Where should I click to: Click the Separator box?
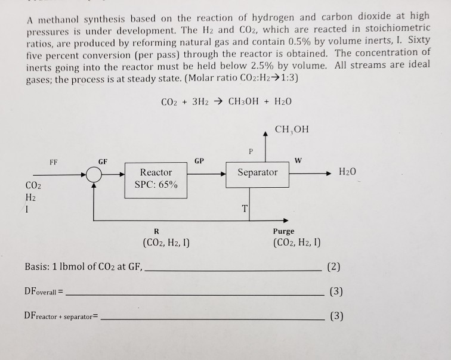(x=257, y=173)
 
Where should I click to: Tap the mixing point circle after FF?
(x=93, y=175)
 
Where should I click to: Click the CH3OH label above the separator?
(x=293, y=129)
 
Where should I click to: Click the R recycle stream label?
(x=156, y=231)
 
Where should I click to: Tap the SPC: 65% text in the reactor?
(x=156, y=184)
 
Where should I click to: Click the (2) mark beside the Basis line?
(x=335, y=266)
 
